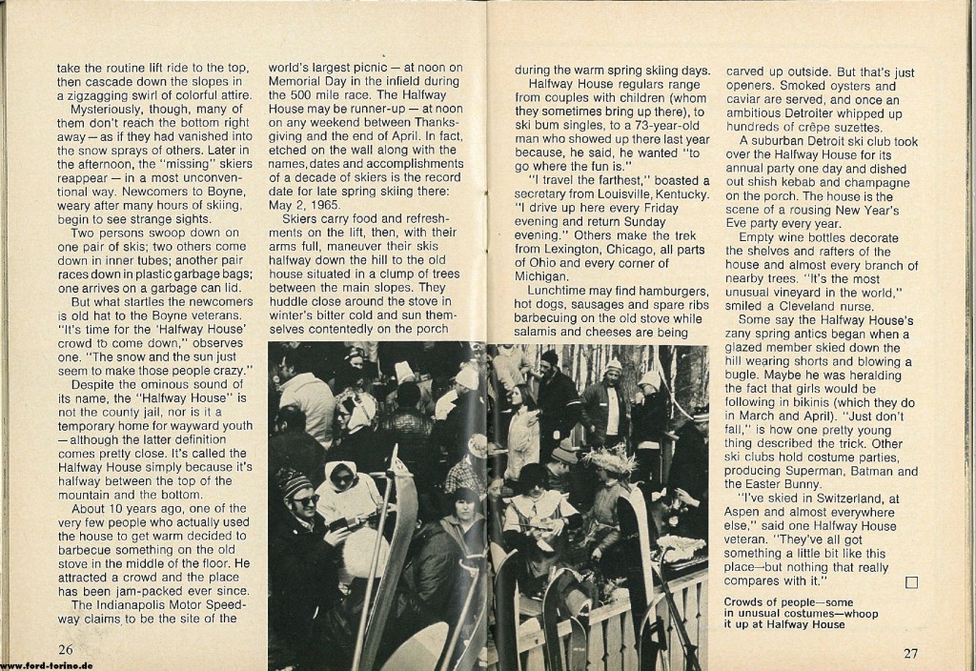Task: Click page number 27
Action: point(910,653)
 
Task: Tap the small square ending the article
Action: point(910,581)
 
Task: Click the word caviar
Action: point(744,98)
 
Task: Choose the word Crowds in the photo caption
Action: point(746,602)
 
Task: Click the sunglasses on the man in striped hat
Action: point(304,498)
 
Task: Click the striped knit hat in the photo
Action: point(295,481)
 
